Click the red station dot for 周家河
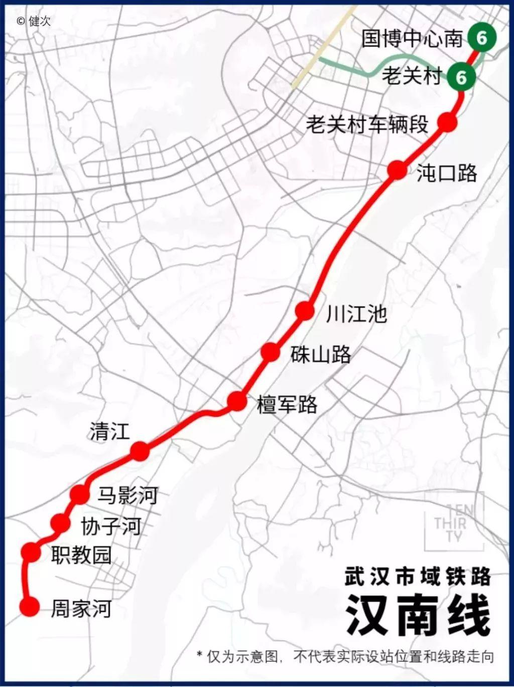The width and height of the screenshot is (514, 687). (29, 607)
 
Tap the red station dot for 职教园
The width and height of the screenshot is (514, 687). (31, 552)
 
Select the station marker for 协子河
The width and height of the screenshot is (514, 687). (61, 524)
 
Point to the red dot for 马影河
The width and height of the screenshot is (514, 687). (80, 494)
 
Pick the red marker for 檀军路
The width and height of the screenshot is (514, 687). (237, 401)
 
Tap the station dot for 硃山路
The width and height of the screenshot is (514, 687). (270, 352)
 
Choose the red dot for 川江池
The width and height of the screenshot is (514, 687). (305, 311)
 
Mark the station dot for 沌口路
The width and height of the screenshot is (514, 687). (397, 170)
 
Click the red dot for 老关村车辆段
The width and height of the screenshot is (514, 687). (447, 122)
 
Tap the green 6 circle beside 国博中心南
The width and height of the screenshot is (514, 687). (481, 38)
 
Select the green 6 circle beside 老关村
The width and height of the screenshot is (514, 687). (461, 77)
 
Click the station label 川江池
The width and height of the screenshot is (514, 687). (356, 314)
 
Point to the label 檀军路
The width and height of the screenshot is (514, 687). (287, 404)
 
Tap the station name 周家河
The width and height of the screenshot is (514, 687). (81, 609)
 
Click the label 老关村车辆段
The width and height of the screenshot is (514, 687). (367, 124)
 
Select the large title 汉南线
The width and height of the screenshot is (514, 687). (418, 615)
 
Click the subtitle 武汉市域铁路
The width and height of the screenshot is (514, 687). (418, 577)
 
